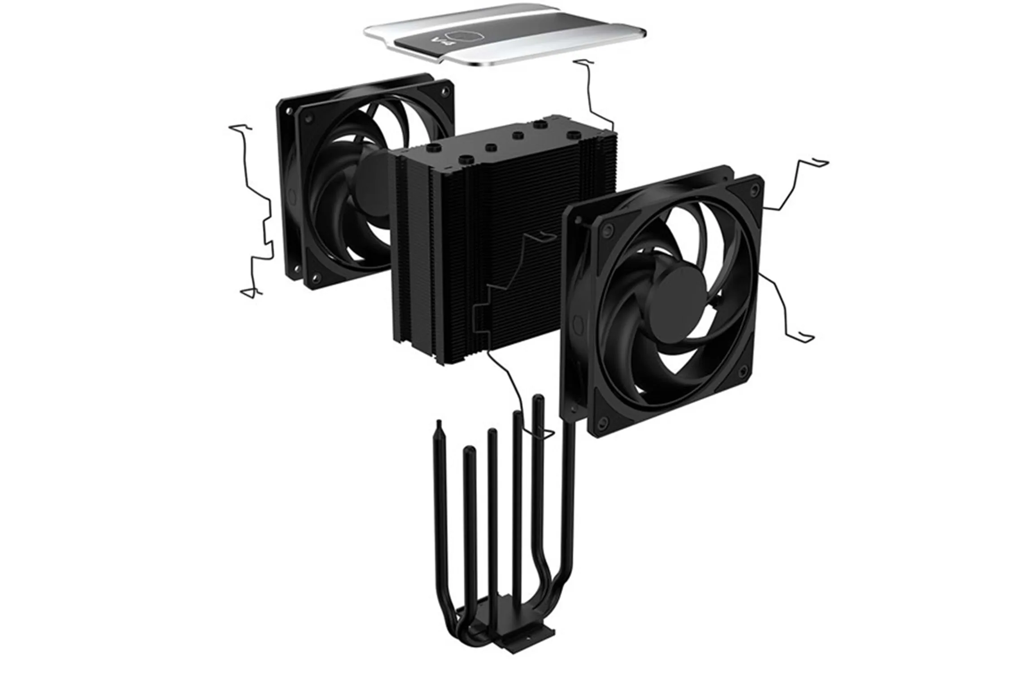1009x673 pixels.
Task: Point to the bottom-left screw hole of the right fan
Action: [604, 422]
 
